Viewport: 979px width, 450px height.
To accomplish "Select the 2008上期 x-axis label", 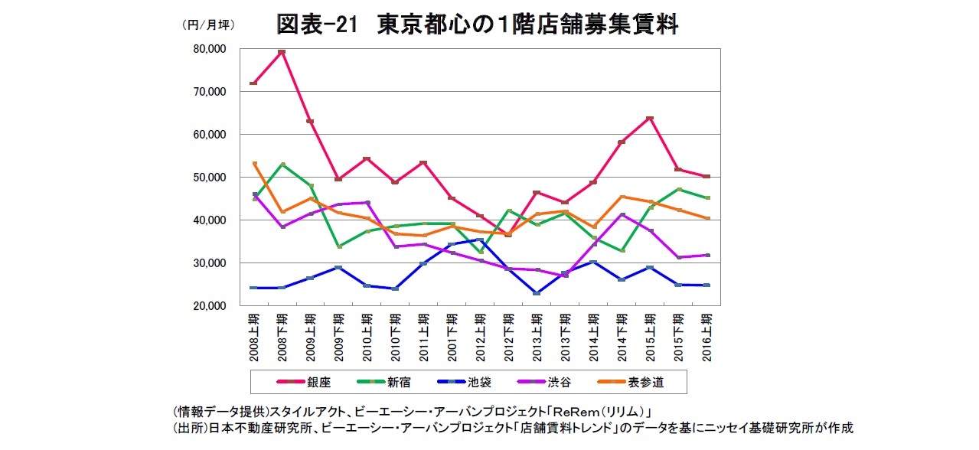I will (x=254, y=337).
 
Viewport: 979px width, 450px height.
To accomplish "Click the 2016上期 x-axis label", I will (x=706, y=337).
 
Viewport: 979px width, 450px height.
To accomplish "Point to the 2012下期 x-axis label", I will (x=508, y=337).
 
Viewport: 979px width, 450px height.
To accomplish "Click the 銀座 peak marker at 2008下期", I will (x=282, y=52).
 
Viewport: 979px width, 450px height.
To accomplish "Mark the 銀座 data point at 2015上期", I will (x=649, y=118).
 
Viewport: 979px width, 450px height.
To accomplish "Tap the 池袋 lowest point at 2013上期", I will (x=537, y=293).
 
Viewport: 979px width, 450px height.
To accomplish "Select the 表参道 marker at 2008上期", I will (x=255, y=164).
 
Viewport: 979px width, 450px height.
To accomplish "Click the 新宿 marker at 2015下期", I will (x=677, y=189).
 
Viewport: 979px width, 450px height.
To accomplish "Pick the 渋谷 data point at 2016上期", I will (x=706, y=255).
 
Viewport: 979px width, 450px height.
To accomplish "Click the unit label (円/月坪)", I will (x=208, y=24).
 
